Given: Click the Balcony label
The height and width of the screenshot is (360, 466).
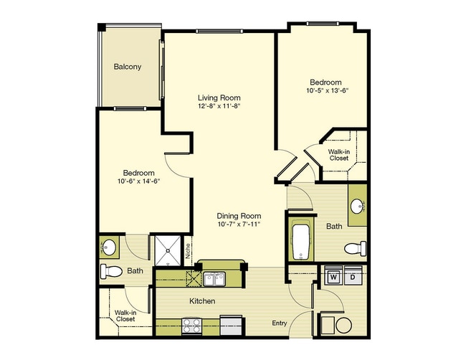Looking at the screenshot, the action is tap(127, 67).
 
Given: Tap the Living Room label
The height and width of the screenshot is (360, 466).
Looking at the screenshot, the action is tap(219, 98).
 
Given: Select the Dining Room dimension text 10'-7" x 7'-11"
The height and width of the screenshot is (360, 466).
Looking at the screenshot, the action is tap(239, 224).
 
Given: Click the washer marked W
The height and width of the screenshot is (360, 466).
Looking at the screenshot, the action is tap(333, 278).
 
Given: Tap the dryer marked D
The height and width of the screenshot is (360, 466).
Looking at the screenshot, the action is tap(353, 278).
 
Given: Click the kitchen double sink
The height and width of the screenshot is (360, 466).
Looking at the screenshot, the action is tap(214, 279).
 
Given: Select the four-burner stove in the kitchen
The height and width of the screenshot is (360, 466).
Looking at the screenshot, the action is tap(191, 326).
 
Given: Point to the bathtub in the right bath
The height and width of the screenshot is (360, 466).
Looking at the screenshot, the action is tap(300, 242).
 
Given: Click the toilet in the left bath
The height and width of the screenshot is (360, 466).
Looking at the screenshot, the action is tap(111, 271).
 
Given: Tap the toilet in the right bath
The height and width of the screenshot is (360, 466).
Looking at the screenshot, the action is tap(355, 248).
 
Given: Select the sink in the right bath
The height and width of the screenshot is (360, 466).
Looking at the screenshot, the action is tap(357, 206).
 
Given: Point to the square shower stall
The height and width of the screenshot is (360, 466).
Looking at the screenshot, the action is tap(168, 250).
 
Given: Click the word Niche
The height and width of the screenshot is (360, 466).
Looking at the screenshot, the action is tap(188, 250).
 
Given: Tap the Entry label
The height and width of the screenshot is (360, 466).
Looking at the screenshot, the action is tap(280, 323).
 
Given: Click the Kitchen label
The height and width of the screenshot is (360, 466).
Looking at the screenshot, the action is tap(202, 301).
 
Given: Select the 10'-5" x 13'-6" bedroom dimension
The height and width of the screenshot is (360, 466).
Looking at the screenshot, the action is tap(327, 90).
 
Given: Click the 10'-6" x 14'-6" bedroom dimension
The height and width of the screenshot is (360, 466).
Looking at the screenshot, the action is tap(139, 181).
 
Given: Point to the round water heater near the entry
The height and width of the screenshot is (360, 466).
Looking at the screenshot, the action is tap(343, 325).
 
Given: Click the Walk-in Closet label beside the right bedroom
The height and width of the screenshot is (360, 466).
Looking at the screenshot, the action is tap(339, 155).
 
